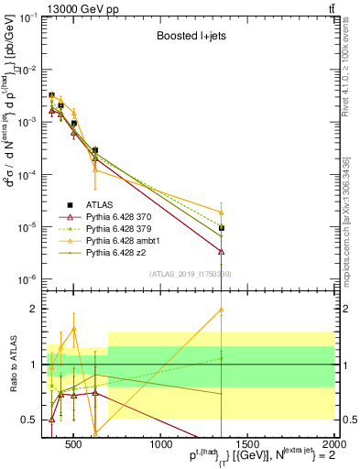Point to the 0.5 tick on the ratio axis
(32, 420)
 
